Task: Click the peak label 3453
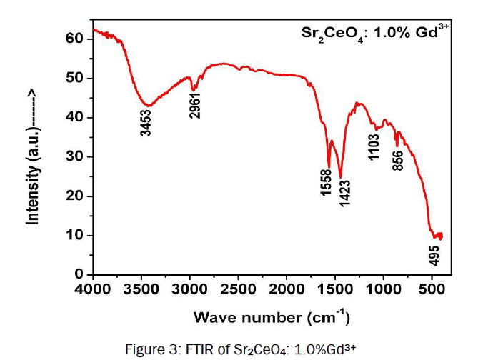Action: [x=146, y=121]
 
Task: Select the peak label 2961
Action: [x=194, y=104]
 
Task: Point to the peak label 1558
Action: [x=327, y=184]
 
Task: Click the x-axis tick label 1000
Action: [x=384, y=289]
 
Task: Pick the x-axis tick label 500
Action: [x=432, y=289]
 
